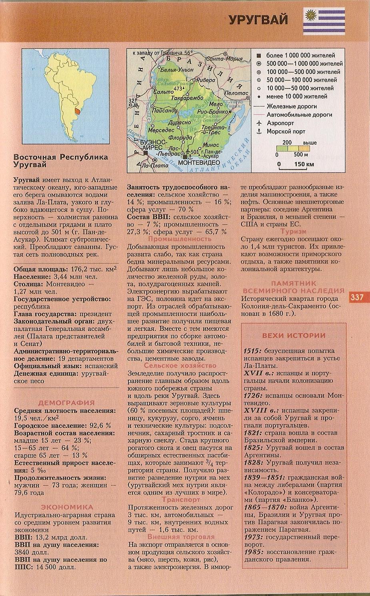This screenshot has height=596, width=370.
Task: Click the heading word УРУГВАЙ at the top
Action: point(258,20)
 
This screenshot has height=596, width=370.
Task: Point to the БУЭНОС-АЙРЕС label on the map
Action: point(153,145)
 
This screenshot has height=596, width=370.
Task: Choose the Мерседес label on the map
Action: point(161,130)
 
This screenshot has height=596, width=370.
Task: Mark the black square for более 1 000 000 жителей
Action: point(259,55)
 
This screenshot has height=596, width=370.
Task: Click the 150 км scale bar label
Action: point(304,164)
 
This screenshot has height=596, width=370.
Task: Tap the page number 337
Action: point(357,297)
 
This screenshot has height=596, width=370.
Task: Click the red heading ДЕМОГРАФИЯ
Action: point(66,403)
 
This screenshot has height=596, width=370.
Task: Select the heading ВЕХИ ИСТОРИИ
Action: point(294,336)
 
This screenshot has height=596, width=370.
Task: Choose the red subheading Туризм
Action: point(293,232)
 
